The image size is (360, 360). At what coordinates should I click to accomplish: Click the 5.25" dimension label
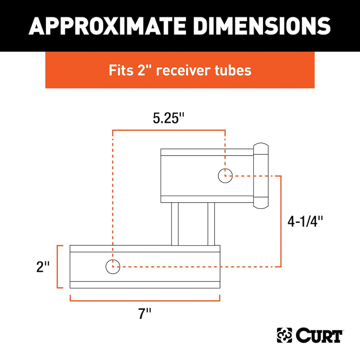pyautogui.click(x=169, y=119)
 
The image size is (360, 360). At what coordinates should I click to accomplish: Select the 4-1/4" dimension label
pyautogui.click(x=306, y=221)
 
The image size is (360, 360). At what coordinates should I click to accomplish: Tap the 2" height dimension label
pyautogui.click(x=43, y=267)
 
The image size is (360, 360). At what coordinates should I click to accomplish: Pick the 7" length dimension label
pyautogui.click(x=145, y=314)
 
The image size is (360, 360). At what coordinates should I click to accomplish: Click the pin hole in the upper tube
pyautogui.click(x=225, y=176)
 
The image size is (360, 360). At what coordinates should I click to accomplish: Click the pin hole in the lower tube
pyautogui.click(x=113, y=267)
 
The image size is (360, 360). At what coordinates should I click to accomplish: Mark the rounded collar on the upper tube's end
pyautogui.click(x=261, y=176)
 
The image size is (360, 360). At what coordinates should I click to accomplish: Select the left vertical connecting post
pyautogui.click(x=175, y=224)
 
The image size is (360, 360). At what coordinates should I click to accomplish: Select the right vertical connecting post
pyautogui.click(x=211, y=224)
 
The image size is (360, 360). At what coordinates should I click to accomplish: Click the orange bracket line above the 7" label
pyautogui.click(x=145, y=300)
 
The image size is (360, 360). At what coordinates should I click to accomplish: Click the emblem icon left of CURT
pyautogui.click(x=284, y=335)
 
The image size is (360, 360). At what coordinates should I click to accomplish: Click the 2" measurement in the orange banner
pyautogui.click(x=145, y=70)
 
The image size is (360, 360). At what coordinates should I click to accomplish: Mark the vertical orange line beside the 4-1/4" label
pyautogui.click(x=281, y=221)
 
